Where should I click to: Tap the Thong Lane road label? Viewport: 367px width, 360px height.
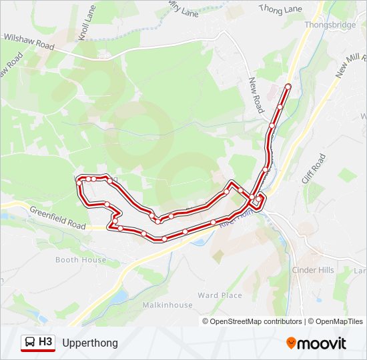click(280, 9)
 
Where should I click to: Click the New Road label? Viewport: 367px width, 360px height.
click(256, 94)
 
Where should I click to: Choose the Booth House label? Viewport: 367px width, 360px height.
click(81, 259)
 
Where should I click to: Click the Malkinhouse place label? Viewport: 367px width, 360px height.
click(167, 305)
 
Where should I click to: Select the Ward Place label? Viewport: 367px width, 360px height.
click(220, 295)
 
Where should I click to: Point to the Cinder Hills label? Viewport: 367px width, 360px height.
click(313, 270)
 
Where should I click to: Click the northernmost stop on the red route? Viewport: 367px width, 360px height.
click(288, 86)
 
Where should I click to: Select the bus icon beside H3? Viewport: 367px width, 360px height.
click(30, 343)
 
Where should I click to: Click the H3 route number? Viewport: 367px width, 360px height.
click(45, 342)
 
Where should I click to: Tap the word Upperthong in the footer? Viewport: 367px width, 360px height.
click(90, 343)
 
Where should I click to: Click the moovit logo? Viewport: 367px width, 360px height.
click(316, 343)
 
